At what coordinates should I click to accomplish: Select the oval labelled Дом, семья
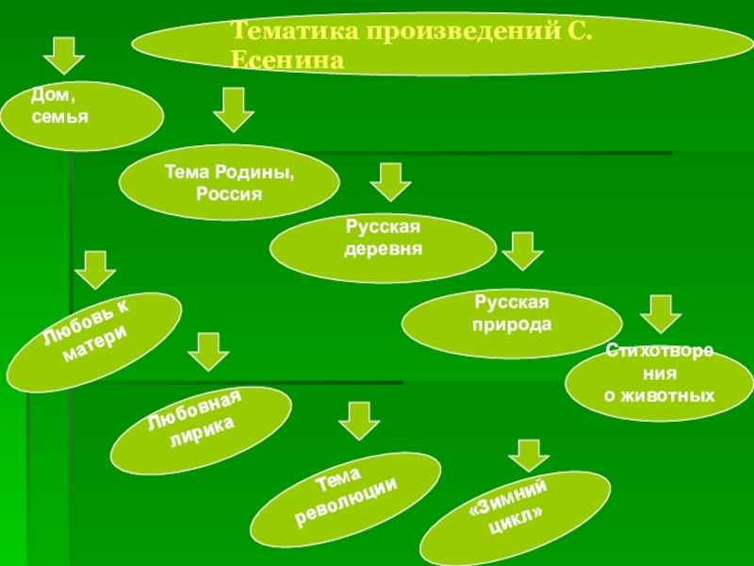[x=81, y=114]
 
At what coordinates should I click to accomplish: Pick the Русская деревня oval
[x=383, y=245]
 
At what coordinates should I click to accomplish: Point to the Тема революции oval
[x=346, y=495]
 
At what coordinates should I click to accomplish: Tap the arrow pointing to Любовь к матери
[x=95, y=270]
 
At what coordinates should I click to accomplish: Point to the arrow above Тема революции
[x=358, y=421]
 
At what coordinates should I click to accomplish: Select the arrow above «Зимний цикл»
[x=528, y=454]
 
